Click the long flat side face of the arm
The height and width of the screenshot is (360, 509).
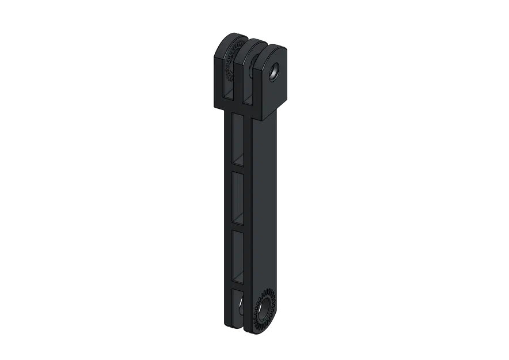coord(267,202)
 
